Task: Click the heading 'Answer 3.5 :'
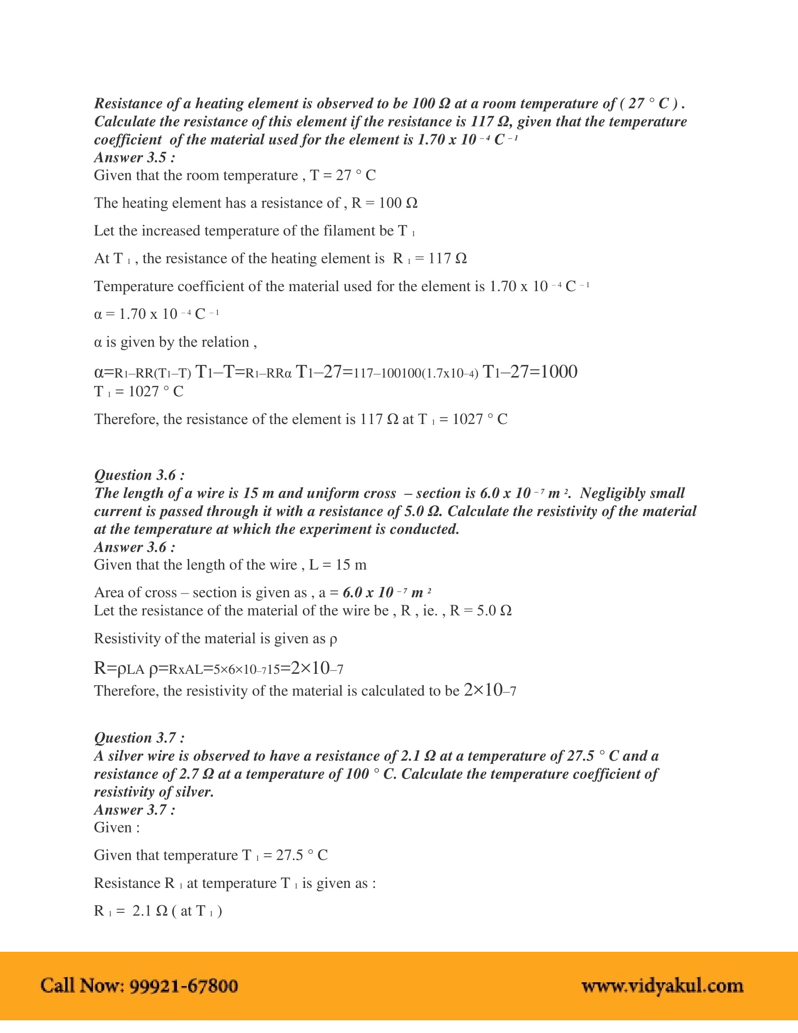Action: coord(134,157)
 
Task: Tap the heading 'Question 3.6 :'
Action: coord(139,475)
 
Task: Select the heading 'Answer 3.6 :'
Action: coord(134,547)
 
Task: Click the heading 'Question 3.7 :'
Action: coord(139,737)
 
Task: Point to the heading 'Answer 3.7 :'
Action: coord(134,810)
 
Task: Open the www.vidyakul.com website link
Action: coord(662,986)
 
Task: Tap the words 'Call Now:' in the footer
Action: coord(82,986)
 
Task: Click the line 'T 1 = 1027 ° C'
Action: coord(138,392)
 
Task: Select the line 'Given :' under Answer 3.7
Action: coord(117,828)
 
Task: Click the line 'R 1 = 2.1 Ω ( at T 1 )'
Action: coord(158,911)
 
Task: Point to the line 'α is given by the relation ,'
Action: coord(176,342)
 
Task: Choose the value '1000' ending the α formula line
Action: coord(559,372)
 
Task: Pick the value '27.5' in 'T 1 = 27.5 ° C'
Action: coord(289,855)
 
